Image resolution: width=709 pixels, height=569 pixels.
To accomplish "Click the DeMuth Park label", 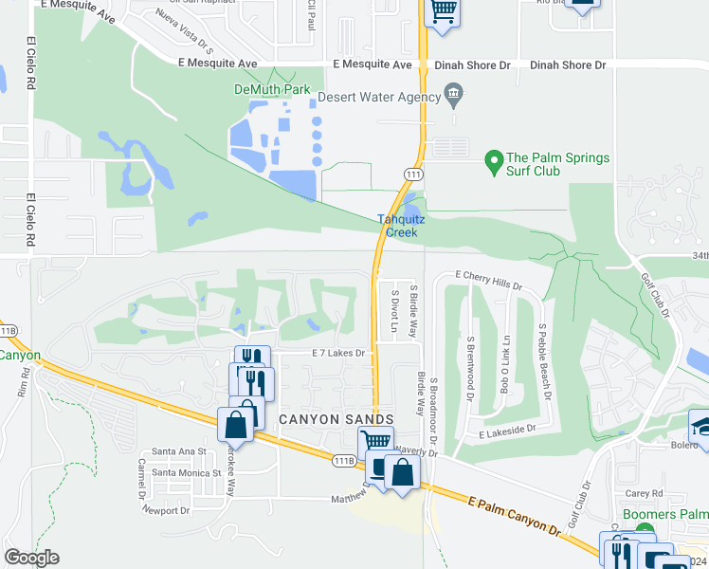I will point(273,90).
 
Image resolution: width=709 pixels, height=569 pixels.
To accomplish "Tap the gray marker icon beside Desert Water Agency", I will point(454,93).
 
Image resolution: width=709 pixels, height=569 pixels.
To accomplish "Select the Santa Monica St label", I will point(186,472).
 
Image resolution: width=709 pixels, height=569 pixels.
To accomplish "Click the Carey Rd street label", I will point(644,493).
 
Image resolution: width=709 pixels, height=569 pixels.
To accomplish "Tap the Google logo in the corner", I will point(31,558).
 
